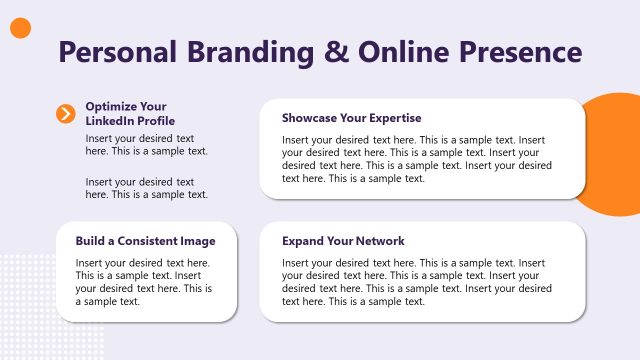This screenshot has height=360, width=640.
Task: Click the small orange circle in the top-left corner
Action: pos(20,29)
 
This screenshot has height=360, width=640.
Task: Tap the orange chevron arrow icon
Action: pos(66,113)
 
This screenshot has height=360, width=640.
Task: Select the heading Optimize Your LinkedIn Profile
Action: pos(126,113)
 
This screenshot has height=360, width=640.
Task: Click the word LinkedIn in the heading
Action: pos(108,121)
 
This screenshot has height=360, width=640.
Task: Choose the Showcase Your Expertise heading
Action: pos(351,118)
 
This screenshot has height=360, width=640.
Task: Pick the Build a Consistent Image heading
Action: pos(145,241)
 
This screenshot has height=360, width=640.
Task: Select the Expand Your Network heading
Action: pos(343,241)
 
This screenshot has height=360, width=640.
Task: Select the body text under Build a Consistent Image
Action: pos(145,282)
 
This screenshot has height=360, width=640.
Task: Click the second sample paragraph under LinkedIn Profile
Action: pos(147,188)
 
